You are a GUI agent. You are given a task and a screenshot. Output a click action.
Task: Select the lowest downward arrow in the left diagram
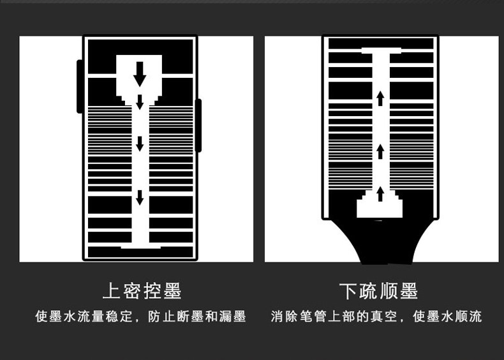[x=140, y=197]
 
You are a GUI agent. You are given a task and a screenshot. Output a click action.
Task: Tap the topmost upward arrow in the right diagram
[x=380, y=98]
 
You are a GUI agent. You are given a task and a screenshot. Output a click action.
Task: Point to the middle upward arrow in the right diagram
[x=380, y=151]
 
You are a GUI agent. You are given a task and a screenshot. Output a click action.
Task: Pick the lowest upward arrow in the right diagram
[x=380, y=193]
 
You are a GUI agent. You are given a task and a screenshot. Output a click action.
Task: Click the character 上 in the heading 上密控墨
[x=112, y=291]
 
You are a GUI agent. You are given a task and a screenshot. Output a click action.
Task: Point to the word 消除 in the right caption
[x=284, y=317]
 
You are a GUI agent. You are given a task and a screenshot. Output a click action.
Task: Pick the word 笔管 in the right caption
[x=312, y=317]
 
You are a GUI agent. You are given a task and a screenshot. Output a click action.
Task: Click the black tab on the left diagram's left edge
[x=80, y=86]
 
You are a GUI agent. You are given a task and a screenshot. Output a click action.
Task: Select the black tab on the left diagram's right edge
[x=198, y=125]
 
